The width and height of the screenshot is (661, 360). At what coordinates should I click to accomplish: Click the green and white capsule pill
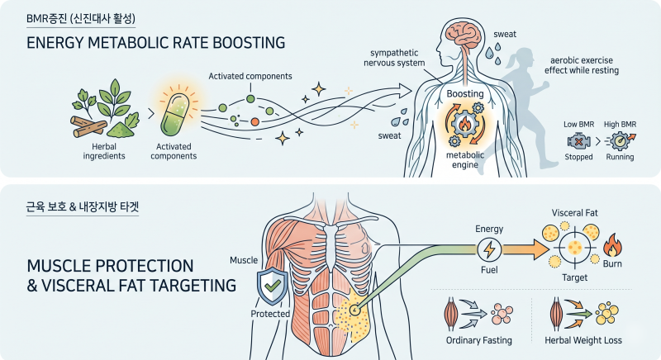click(x=174, y=115)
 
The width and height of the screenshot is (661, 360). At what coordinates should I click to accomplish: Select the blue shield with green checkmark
click(x=273, y=286)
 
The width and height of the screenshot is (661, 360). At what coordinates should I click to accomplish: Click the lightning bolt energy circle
click(x=489, y=249)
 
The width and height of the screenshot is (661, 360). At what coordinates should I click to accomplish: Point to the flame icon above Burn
click(x=612, y=245)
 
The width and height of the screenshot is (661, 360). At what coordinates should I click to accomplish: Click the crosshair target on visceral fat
click(x=574, y=247)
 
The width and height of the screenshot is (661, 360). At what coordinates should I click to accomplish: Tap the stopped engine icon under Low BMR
click(x=578, y=141)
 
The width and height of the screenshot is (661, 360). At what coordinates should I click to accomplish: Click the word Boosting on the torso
click(x=465, y=94)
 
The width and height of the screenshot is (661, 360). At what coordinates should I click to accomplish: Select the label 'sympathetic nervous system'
click(x=394, y=58)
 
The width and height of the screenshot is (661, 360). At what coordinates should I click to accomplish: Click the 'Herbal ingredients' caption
click(x=104, y=151)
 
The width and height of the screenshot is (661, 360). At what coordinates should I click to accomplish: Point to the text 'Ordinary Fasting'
click(x=479, y=340)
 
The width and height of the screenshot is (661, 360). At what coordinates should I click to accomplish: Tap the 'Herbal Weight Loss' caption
click(x=583, y=340)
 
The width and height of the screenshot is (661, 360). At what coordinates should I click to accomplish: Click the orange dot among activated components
click(x=254, y=122)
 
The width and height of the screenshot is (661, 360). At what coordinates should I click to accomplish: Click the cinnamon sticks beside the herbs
click(x=88, y=126)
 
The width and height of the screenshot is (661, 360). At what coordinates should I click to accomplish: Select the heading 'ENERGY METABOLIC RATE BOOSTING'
click(x=155, y=43)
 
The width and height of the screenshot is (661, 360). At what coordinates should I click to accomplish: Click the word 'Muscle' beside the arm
click(x=244, y=260)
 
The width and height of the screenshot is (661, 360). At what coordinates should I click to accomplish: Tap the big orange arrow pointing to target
click(x=525, y=249)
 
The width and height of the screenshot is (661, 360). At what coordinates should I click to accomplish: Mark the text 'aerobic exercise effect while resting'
click(x=582, y=65)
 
